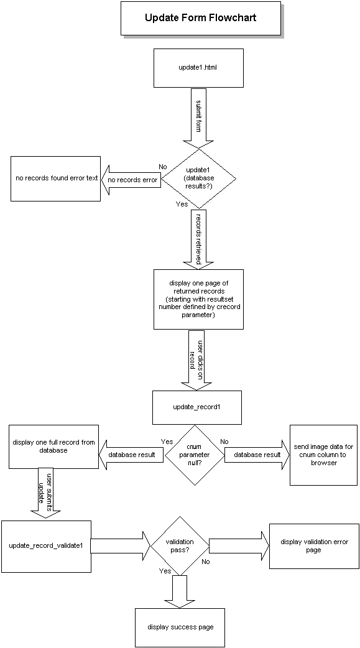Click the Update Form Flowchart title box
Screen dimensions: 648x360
pos(200,18)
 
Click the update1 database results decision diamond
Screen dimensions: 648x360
pos(198,178)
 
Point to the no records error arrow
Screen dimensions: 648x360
pos(131,180)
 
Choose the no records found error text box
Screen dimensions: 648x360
pos(56,178)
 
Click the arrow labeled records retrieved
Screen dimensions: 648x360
pos(198,238)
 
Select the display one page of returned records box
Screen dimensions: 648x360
pos(198,299)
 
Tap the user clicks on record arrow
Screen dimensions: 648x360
pos(198,359)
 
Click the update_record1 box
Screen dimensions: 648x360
pos(197,407)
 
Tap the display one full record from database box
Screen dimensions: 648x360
pos(53,446)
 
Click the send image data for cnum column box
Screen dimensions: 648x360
pos(323,455)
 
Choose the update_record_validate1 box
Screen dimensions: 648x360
pos(46,545)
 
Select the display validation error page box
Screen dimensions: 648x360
pos(313,545)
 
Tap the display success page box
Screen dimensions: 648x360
pos(180,626)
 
